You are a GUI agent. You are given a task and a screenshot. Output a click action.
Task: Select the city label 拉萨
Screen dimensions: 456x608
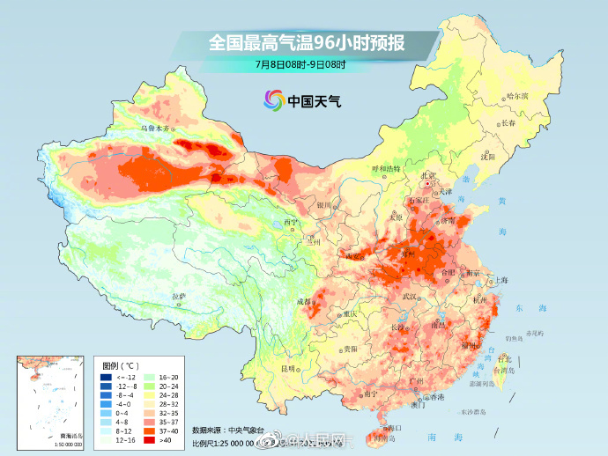(179, 296)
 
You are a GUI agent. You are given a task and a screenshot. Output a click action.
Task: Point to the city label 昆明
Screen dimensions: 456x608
(288, 368)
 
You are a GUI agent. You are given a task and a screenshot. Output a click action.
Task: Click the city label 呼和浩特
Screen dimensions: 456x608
(385, 167)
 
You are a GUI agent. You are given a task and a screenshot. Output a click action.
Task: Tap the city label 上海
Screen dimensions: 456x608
(501, 280)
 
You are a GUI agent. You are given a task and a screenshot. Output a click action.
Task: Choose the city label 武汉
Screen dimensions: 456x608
(409, 297)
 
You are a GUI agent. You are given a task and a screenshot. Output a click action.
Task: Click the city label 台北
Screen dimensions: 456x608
(505, 359)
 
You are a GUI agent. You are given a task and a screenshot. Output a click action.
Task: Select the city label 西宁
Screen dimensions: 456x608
(292, 222)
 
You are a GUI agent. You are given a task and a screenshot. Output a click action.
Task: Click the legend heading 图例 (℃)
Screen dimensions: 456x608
(120, 364)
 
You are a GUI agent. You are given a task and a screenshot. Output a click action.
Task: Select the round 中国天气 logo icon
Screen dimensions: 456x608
(273, 100)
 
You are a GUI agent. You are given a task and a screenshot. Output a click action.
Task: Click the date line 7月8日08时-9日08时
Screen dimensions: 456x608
(300, 63)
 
